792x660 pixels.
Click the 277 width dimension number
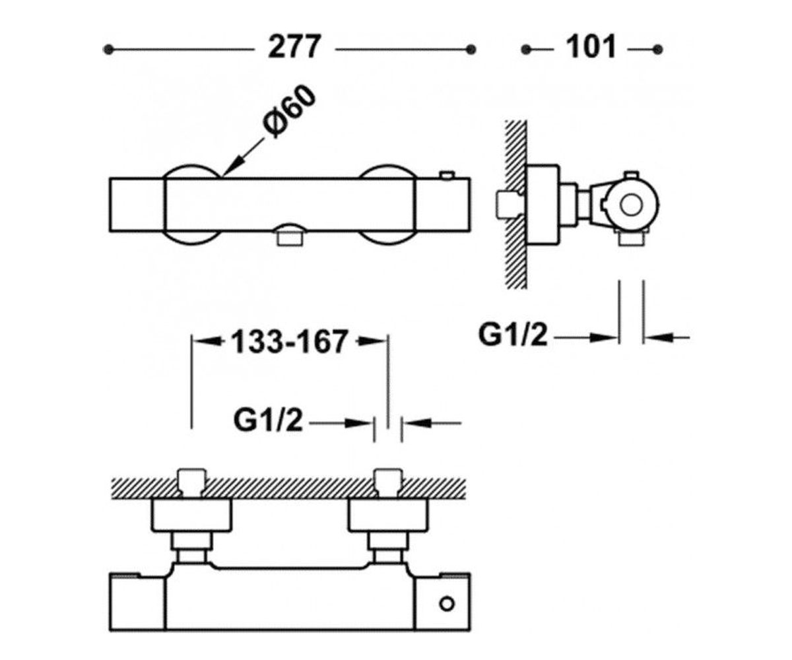point(294,47)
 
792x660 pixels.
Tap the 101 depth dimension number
point(590,47)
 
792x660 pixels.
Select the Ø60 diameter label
point(289,113)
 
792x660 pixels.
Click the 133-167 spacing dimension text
point(289,341)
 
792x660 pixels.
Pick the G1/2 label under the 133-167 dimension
point(268,420)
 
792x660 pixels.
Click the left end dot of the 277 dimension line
point(108,49)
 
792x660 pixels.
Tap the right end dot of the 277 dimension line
point(471,49)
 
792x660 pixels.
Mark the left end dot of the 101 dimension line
point(526,49)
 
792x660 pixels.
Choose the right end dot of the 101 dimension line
point(658,49)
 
